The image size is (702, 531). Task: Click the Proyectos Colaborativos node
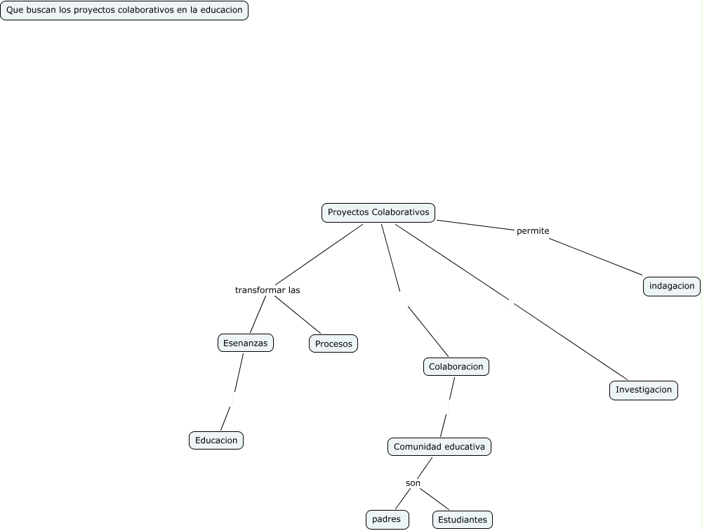[378, 212]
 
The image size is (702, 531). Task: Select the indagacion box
[672, 286]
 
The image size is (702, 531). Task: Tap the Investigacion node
[644, 390]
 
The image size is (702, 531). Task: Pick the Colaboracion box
[456, 367]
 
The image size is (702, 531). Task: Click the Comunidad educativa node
[439, 447]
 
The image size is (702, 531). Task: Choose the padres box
[387, 519]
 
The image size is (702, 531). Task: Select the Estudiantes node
[462, 520]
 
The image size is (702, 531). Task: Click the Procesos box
[333, 343]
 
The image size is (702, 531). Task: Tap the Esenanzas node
[245, 343]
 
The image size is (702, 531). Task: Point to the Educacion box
[216, 440]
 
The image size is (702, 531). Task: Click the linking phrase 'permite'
[533, 230]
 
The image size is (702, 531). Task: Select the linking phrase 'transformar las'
[267, 290]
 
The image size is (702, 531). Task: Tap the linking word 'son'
[413, 483]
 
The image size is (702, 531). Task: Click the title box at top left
[124, 11]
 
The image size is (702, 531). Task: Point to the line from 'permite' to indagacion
[595, 256]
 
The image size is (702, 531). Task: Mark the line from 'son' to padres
[402, 499]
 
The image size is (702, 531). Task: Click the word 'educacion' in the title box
[220, 11]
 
